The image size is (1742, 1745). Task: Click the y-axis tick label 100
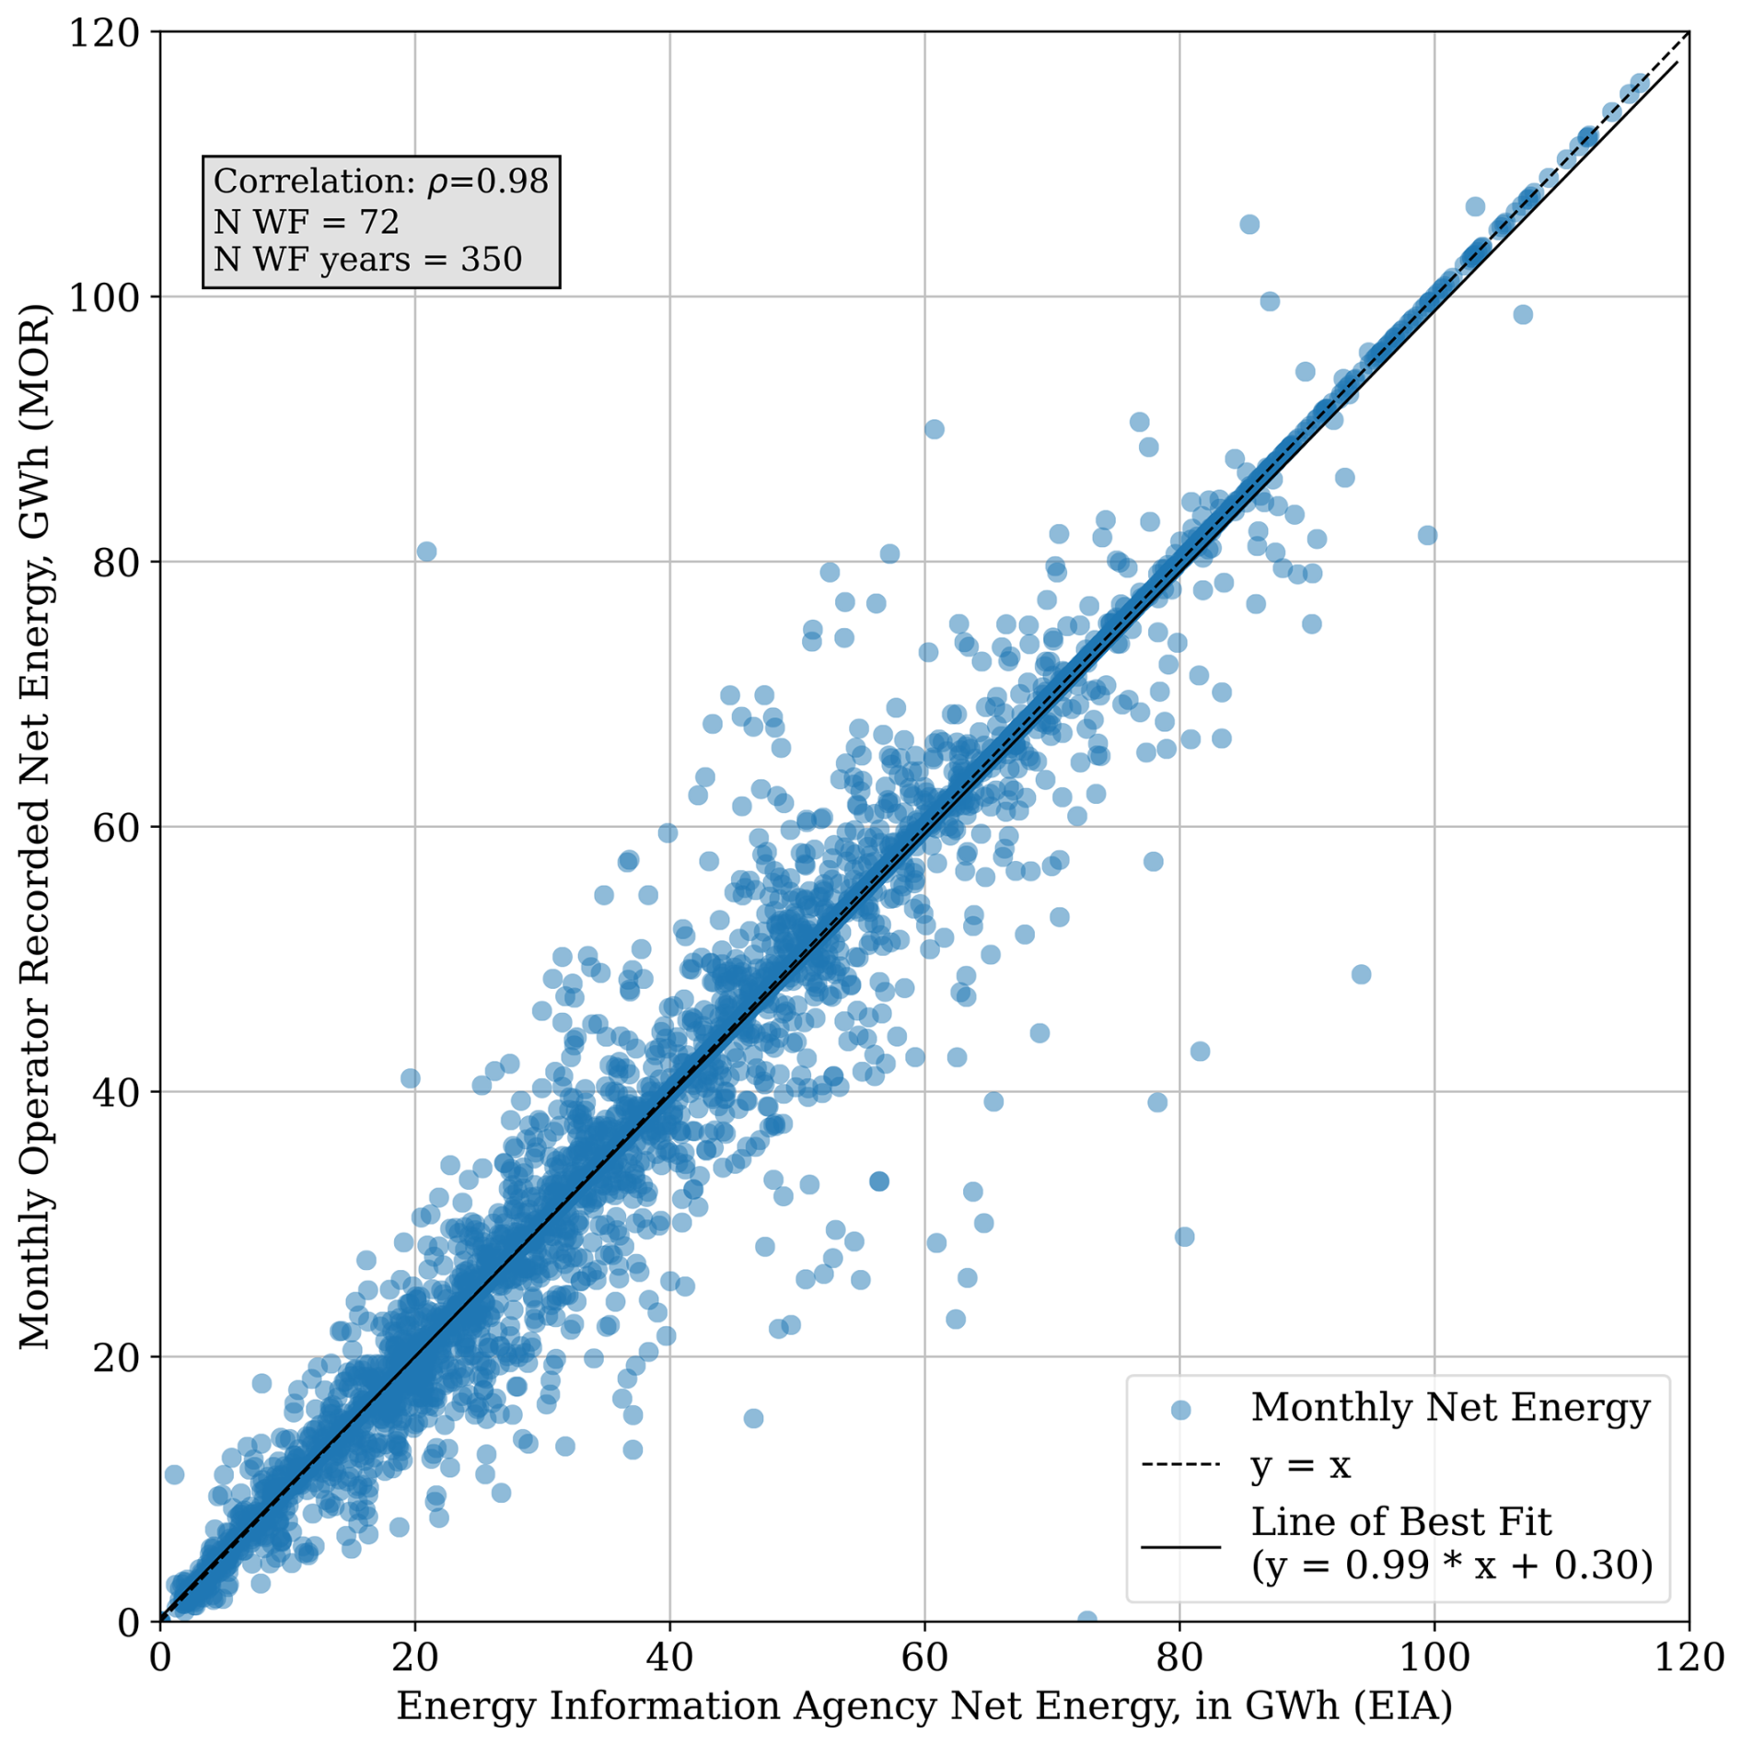(103, 297)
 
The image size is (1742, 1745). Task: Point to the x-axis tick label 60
(924, 1658)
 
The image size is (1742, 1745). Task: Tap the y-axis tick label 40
(116, 1093)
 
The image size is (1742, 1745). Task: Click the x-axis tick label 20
(414, 1658)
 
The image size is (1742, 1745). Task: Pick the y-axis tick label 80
(116, 563)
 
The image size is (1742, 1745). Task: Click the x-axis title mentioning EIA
(924, 1706)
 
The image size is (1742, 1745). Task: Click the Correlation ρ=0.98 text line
(380, 181)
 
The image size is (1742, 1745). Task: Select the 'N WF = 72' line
(306, 222)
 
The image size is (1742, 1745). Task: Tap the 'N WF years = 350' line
(367, 260)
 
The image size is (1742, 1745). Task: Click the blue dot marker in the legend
(1180, 1410)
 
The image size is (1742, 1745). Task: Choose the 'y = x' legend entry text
(1300, 1465)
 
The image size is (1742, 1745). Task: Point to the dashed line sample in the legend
(1180, 1465)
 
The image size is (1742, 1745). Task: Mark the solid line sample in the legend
(1180, 1546)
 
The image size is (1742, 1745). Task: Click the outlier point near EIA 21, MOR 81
(426, 552)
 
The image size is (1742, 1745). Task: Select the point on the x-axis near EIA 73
(1087, 1620)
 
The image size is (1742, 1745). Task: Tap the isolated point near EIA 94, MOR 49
(1361, 974)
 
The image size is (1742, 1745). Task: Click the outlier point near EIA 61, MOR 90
(934, 429)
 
